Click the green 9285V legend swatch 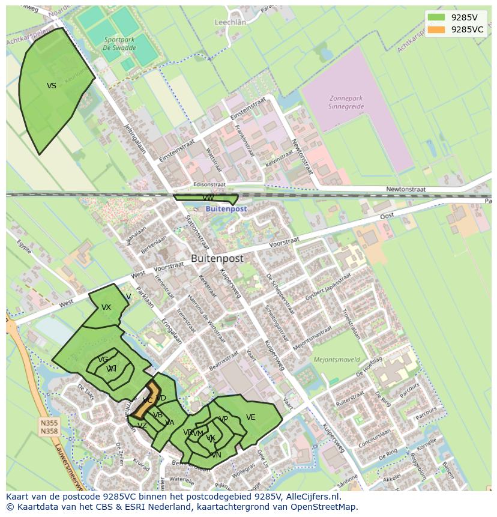tap(436, 17)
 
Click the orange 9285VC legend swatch tap(436, 29)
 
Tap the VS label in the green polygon tap(52, 86)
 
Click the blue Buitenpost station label tap(226, 209)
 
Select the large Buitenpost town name tap(217, 258)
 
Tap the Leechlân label tap(230, 22)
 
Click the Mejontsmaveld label tap(337, 360)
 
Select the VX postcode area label tap(106, 307)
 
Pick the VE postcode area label tap(250, 417)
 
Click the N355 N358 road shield tap(49, 427)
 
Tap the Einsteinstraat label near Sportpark tap(178, 151)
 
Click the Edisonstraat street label tap(209, 185)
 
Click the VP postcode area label tap(224, 419)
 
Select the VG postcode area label tap(103, 360)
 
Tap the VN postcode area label tap(216, 455)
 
